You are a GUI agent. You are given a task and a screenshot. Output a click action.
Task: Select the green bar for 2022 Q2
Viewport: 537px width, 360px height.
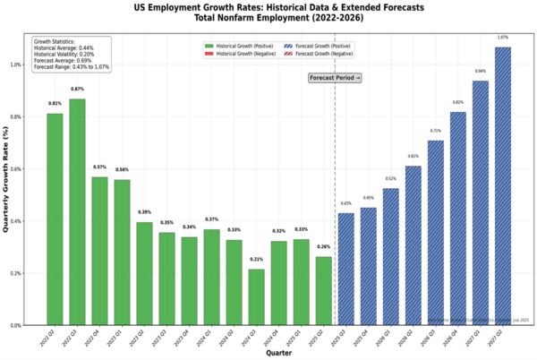click(55, 219)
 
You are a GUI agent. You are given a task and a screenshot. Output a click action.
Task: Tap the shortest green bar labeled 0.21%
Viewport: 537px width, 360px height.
click(256, 297)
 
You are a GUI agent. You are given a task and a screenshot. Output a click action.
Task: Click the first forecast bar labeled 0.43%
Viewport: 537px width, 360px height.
click(346, 269)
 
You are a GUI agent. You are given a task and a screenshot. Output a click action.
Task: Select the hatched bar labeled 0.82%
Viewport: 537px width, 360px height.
click(458, 219)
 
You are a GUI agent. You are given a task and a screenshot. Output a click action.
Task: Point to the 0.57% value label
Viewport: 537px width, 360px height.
click(99, 167)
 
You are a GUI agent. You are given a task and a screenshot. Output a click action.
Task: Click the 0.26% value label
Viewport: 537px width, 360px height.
click(323, 246)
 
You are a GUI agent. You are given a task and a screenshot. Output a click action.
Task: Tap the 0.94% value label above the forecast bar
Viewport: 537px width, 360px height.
click(481, 71)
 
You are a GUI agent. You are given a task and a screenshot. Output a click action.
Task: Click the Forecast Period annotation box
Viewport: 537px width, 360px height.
click(335, 78)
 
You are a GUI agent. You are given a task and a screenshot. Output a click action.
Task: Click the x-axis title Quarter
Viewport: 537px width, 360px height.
click(278, 354)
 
